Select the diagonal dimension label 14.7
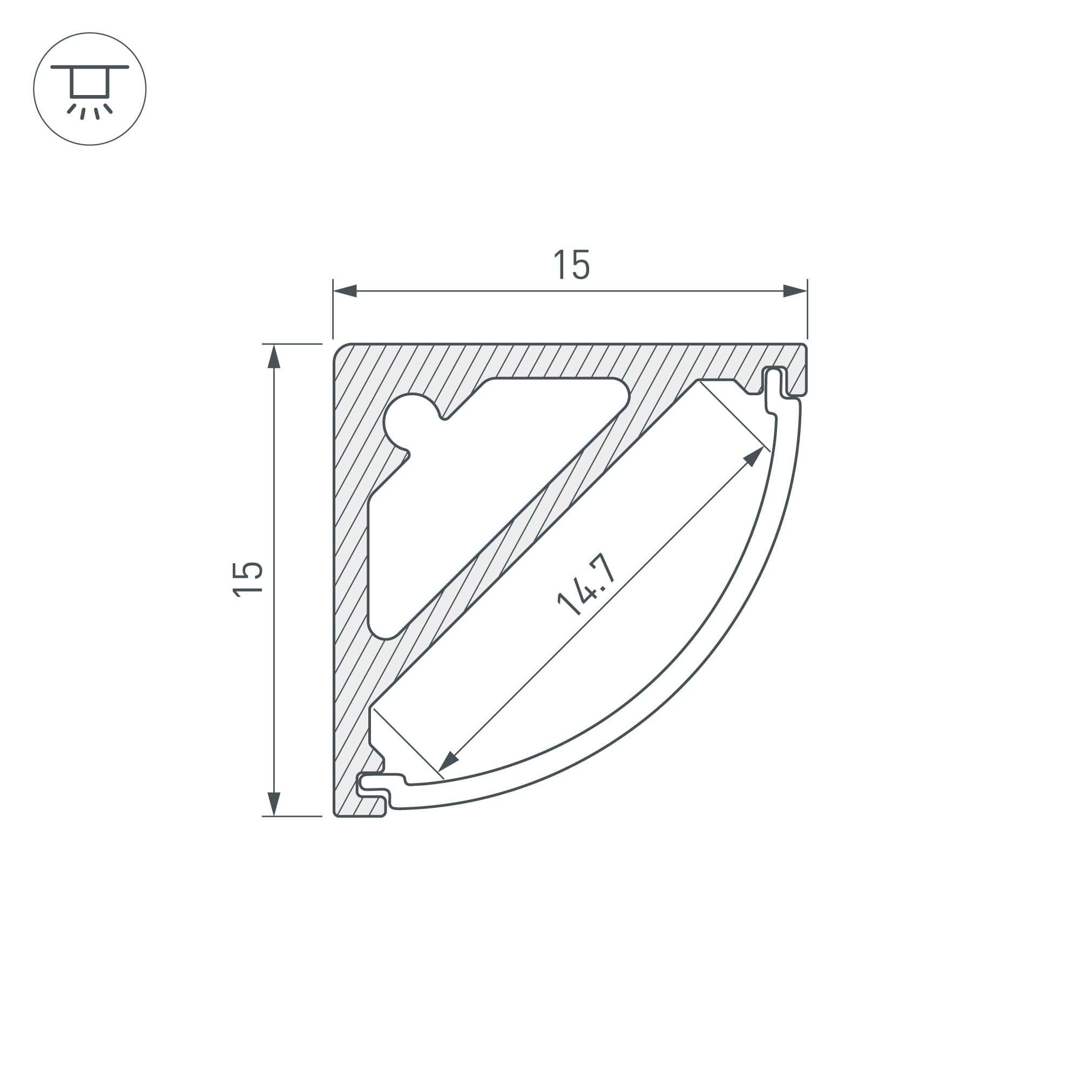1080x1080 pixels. (x=587, y=585)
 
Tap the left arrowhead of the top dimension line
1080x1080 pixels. (x=345, y=291)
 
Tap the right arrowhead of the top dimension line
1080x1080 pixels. (x=795, y=291)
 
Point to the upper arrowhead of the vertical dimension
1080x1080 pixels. (x=274, y=356)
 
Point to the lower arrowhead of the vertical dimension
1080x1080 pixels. (x=274, y=804)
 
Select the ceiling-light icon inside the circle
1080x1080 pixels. (x=90, y=92)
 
